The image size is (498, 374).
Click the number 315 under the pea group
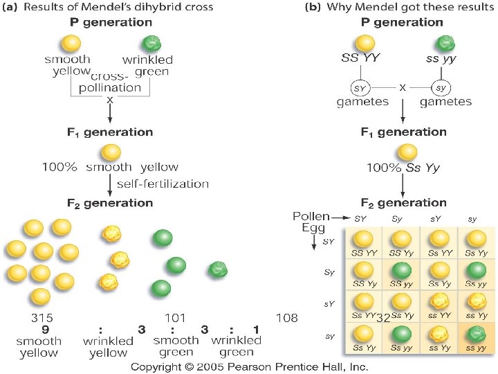(x=43, y=317)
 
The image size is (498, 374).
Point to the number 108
(x=286, y=317)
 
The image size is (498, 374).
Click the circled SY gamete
(x=360, y=89)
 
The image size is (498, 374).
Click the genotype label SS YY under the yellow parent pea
(x=360, y=59)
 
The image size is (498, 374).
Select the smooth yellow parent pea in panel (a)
(x=68, y=43)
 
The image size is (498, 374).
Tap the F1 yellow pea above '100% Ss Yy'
(x=408, y=152)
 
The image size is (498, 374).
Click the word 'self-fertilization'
(x=163, y=184)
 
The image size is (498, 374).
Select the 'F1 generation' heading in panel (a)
(x=111, y=132)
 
